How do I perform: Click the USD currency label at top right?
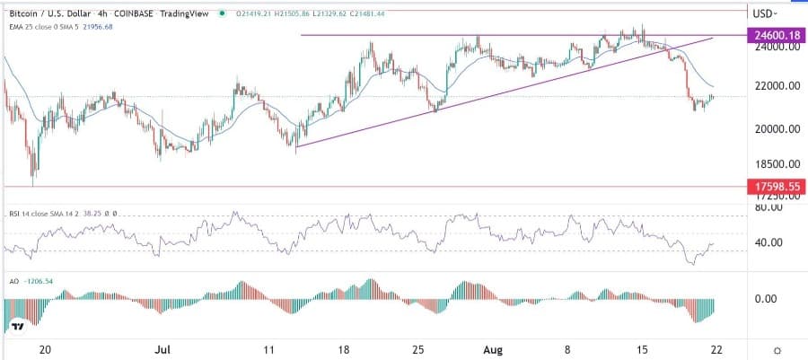click(x=764, y=13)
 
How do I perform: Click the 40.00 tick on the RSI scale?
click(x=772, y=242)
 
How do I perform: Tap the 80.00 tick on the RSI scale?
click(x=772, y=207)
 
